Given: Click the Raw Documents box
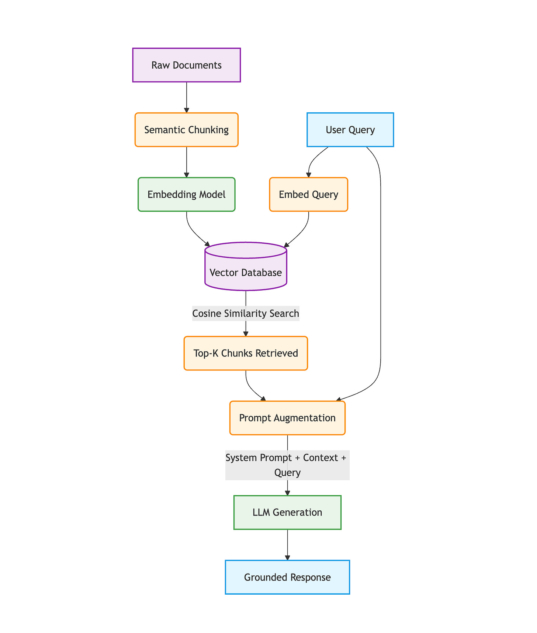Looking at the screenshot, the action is (187, 65).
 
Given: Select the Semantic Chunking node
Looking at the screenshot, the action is (187, 130).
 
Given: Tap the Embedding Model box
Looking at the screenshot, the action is (187, 195).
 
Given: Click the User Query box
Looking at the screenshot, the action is (350, 130).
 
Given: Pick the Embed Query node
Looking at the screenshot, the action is (309, 195).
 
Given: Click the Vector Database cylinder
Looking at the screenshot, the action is (246, 267).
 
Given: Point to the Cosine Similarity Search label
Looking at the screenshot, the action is (246, 314).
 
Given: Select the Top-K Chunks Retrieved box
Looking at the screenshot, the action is (246, 353).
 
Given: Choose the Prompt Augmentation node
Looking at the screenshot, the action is (287, 418).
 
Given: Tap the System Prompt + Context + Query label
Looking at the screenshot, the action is (287, 465).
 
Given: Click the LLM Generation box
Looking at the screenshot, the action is (287, 512).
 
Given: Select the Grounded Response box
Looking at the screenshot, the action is (287, 577).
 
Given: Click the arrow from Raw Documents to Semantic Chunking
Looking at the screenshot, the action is (187, 97).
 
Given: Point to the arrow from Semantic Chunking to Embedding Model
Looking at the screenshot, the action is (187, 162).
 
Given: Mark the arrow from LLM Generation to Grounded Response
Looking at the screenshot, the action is (287, 545).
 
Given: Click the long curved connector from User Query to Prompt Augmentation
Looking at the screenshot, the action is (380, 273).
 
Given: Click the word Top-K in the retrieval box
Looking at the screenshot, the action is (203, 353).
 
